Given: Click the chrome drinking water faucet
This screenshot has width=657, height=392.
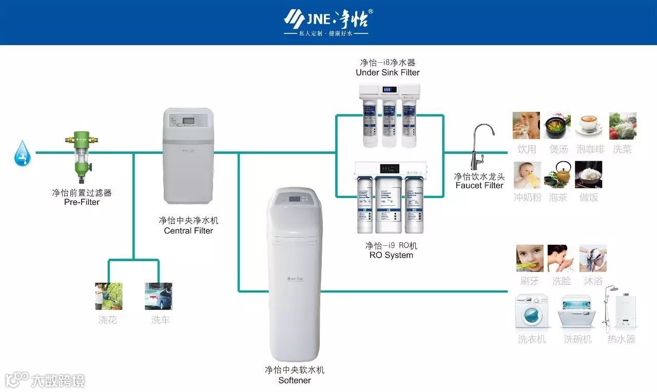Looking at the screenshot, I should click(x=480, y=146).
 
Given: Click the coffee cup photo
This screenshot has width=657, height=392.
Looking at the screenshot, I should click(x=588, y=125).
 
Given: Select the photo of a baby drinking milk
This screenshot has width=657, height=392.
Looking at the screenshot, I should click(x=527, y=175).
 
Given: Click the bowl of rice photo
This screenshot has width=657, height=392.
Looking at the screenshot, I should click(x=588, y=175).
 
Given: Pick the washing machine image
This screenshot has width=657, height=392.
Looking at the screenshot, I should click(x=531, y=311).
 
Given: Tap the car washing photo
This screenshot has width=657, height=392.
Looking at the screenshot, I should click(x=158, y=296).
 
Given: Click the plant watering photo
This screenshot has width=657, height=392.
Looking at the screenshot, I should click(x=109, y=296).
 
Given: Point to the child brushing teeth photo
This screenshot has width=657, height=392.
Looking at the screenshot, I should click(x=530, y=258).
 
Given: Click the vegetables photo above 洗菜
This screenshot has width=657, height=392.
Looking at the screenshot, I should click(x=623, y=126).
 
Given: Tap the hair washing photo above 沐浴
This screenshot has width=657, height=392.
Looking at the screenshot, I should click(x=593, y=258).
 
